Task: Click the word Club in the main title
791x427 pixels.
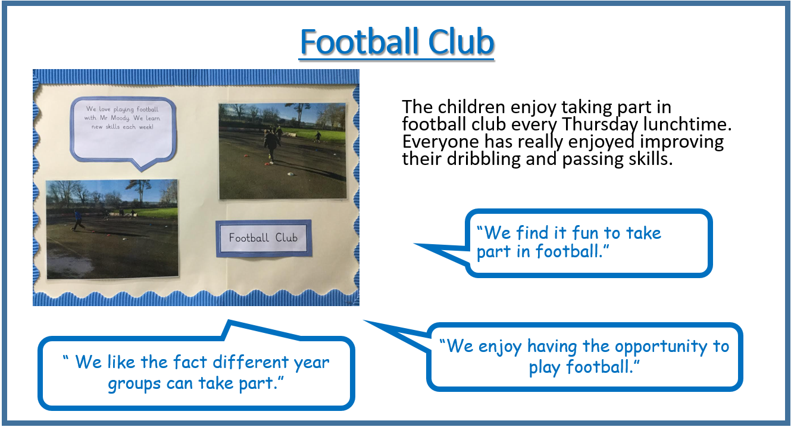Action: [461, 42]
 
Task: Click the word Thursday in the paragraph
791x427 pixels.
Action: [600, 124]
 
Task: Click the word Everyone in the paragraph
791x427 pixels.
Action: [441, 142]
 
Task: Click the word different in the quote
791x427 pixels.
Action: [251, 362]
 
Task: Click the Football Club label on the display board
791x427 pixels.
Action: [264, 238]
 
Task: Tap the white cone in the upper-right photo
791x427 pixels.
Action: [290, 174]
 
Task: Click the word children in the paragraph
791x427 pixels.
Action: [471, 107]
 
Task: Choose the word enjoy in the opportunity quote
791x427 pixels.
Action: [500, 347]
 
